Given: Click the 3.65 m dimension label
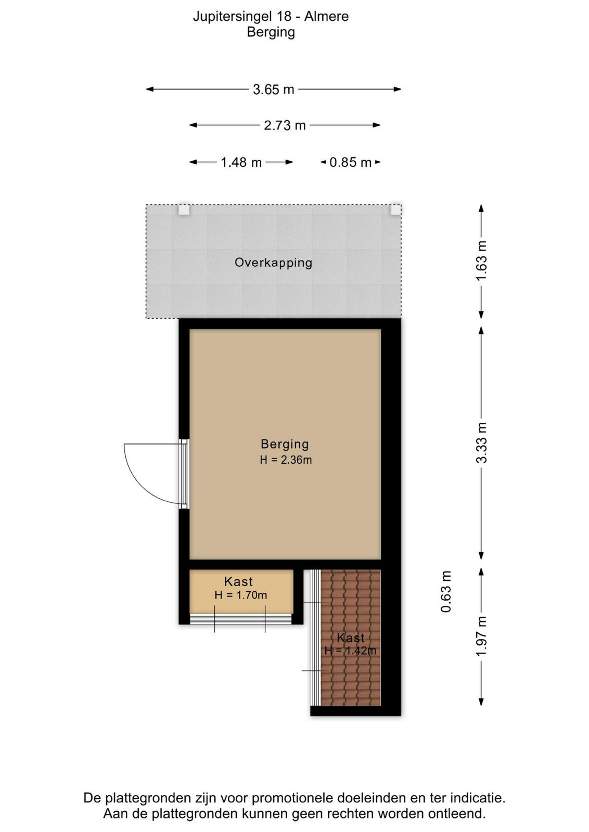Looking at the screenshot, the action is pyautogui.click(x=274, y=89).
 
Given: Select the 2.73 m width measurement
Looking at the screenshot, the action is pyautogui.click(x=285, y=125).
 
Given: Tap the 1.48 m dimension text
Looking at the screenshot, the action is pyautogui.click(x=241, y=162).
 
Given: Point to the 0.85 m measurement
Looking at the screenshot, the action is pyautogui.click(x=350, y=162).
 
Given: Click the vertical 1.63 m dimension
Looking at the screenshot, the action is pyautogui.click(x=481, y=261).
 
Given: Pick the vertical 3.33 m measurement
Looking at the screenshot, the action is pyautogui.click(x=481, y=443).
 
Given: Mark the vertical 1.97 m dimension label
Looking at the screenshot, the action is pyautogui.click(x=481, y=636).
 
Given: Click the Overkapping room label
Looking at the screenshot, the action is pyautogui.click(x=273, y=263).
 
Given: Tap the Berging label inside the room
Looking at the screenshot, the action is pyautogui.click(x=285, y=444).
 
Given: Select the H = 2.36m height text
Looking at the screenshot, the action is pyautogui.click(x=286, y=460).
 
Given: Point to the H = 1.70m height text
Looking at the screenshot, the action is pyautogui.click(x=240, y=595).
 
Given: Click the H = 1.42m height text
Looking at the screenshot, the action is pyautogui.click(x=350, y=651).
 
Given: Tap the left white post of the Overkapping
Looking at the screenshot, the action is pyautogui.click(x=184, y=210).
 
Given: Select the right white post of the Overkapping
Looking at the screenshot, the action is pyautogui.click(x=396, y=210).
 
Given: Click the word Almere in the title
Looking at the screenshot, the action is pyautogui.click(x=327, y=17).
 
